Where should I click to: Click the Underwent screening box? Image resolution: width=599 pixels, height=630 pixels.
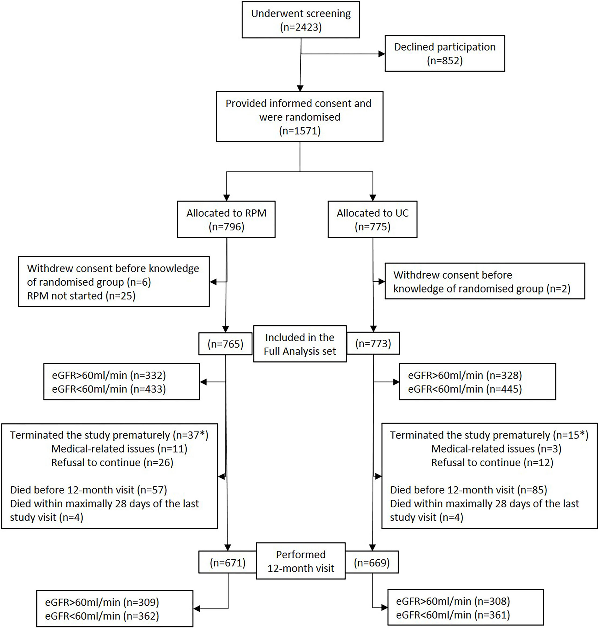[x=301, y=20]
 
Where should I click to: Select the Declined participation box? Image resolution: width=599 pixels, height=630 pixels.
[x=445, y=53]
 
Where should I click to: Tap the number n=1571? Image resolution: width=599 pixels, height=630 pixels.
[x=300, y=131]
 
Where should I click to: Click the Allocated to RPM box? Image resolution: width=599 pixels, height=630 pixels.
[x=226, y=219]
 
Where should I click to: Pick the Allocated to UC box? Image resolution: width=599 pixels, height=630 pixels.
[x=372, y=219]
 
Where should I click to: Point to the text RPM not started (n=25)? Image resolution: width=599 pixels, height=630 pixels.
[x=81, y=296]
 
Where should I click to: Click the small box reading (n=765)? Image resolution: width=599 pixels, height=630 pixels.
[x=225, y=344]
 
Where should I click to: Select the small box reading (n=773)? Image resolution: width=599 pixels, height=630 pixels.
[x=373, y=344]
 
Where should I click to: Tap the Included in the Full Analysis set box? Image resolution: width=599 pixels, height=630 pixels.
[x=300, y=344]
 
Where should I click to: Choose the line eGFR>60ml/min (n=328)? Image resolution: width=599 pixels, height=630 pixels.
[x=465, y=375]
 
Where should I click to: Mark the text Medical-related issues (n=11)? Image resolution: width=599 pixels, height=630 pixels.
[x=119, y=449]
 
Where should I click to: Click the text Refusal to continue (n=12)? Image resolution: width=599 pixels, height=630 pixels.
[x=492, y=462]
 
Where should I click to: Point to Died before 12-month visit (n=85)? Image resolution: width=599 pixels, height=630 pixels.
[x=469, y=490]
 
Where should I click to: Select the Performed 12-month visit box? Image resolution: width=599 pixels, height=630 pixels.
[x=301, y=561]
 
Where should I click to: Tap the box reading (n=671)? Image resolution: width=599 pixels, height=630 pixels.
[x=227, y=563]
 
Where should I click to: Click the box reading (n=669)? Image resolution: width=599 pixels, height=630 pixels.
[x=372, y=562]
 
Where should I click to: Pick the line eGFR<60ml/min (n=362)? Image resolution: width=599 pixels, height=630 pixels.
[x=102, y=616]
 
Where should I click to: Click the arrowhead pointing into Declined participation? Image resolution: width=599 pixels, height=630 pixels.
[x=382, y=54]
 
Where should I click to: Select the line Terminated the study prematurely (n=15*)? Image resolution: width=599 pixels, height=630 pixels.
[x=489, y=435]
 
